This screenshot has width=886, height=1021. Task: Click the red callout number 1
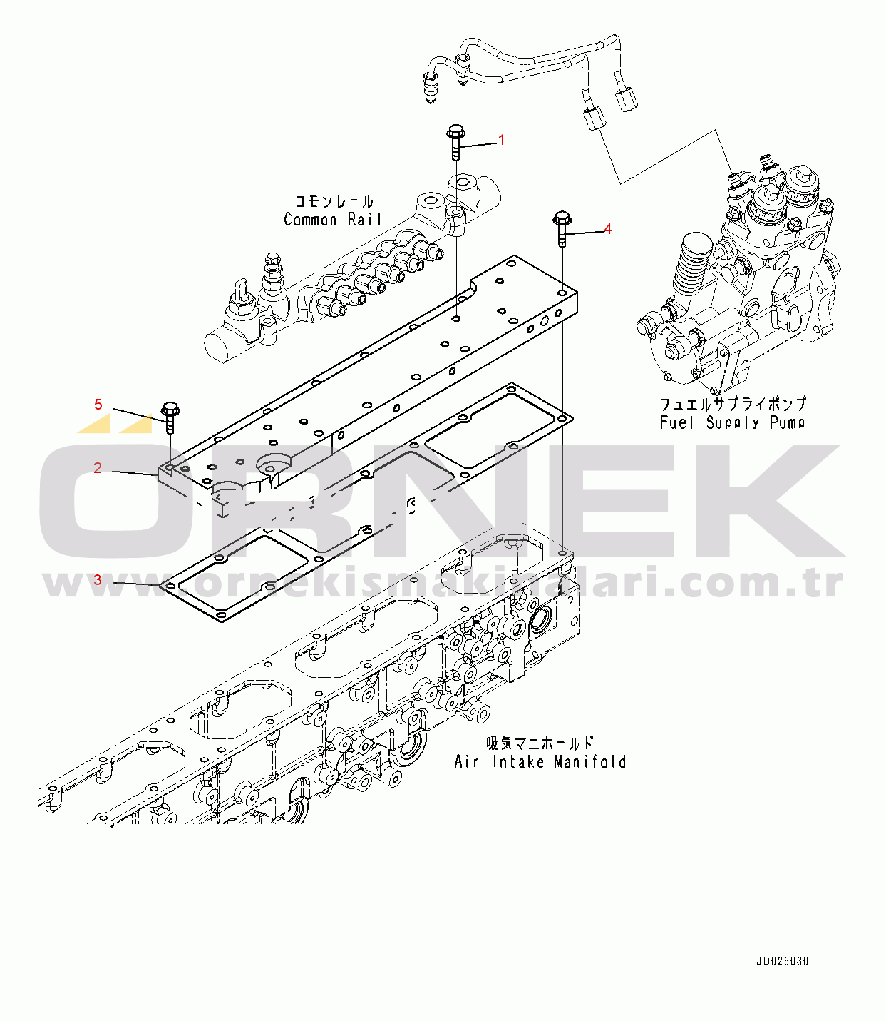501,140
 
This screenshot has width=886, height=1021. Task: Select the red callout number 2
98,468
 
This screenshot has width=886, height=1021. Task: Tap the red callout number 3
98,579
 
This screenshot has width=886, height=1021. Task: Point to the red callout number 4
607,229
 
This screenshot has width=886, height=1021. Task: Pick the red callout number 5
98,405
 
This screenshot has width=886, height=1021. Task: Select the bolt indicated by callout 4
561,227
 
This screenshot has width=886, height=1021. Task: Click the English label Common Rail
333,220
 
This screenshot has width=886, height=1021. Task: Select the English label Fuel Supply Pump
732,422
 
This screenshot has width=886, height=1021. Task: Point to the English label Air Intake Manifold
540,762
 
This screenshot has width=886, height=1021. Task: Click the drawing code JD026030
783,961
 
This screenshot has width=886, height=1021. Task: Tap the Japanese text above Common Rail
334,202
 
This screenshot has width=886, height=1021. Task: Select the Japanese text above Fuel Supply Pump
732,404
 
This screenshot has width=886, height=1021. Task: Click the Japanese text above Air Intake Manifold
540,743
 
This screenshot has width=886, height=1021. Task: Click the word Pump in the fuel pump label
787,422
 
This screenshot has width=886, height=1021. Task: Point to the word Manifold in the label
589,762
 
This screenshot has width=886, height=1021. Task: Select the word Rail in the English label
365,220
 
